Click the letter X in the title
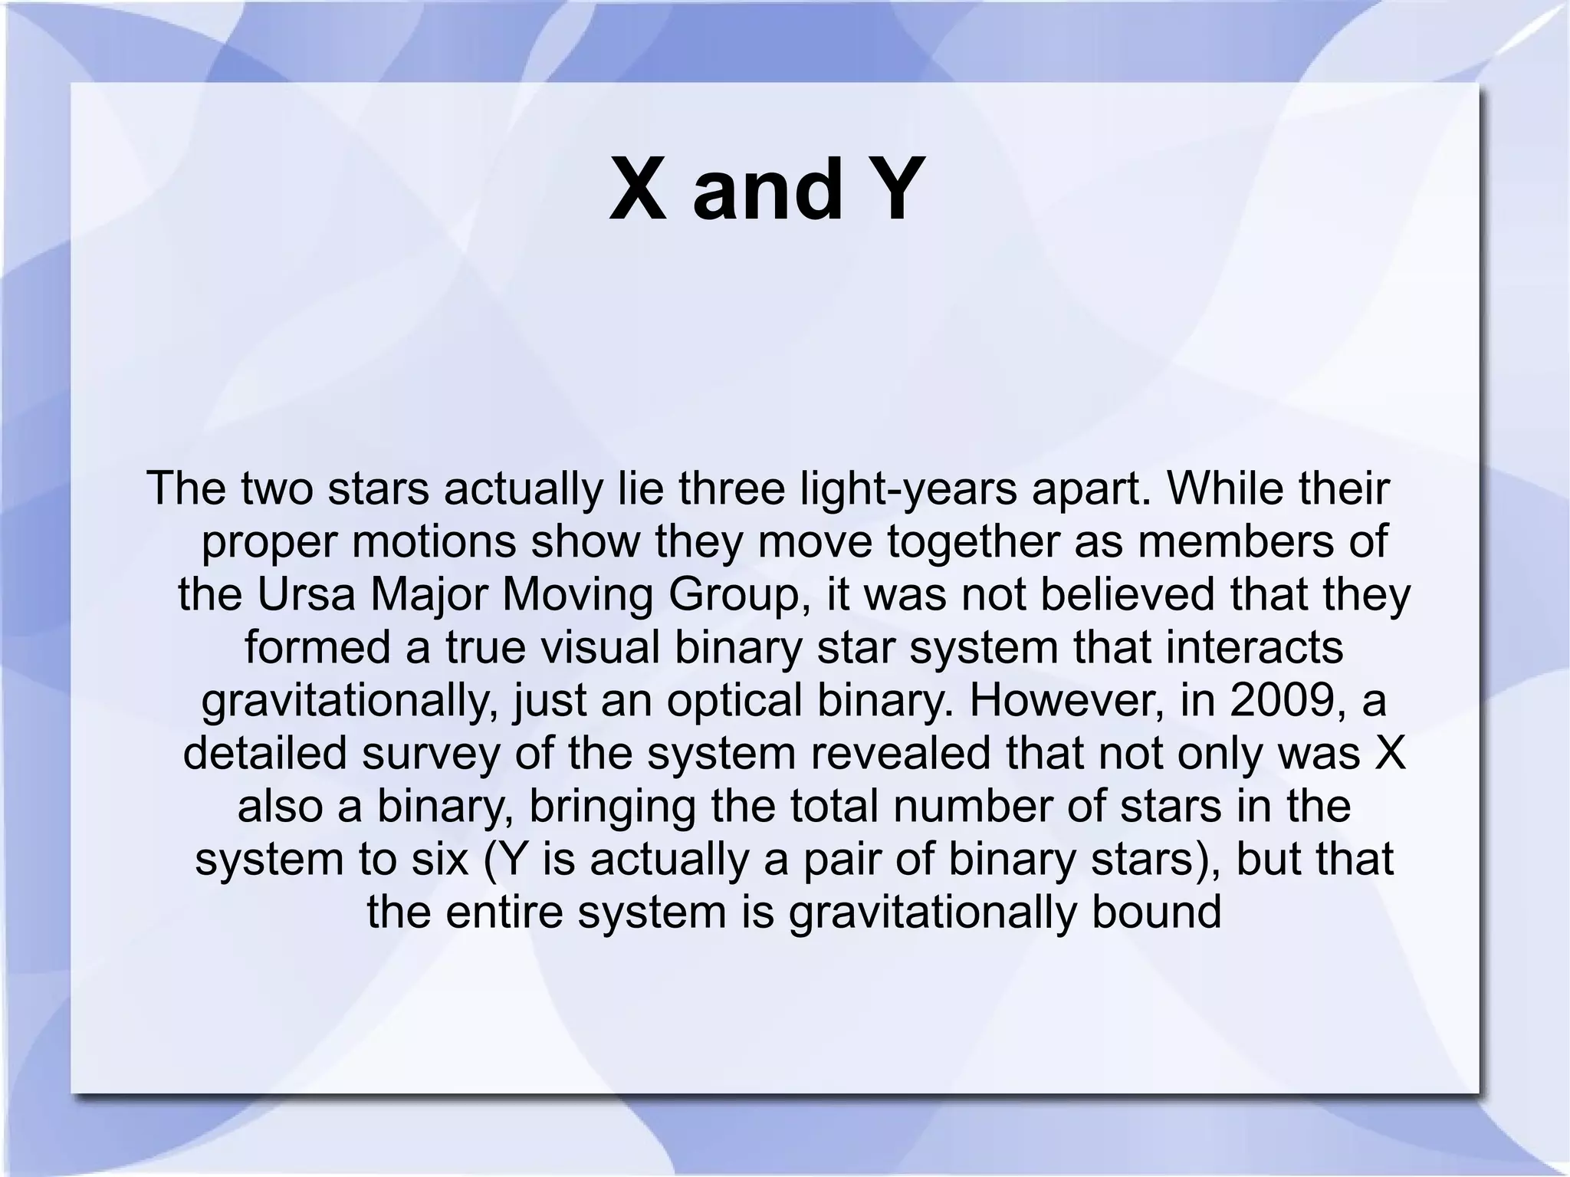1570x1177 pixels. (x=638, y=189)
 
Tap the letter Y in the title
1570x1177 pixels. (x=891, y=189)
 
